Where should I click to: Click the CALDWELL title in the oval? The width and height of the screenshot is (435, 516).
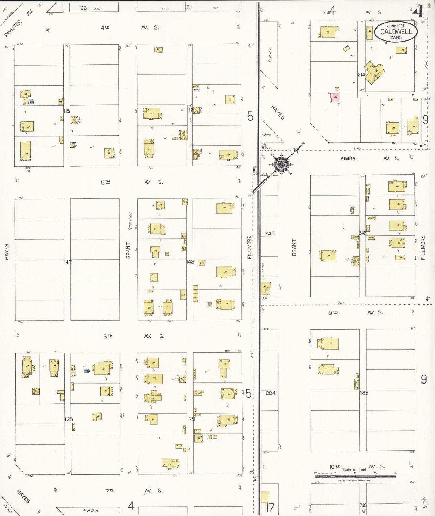(396, 32)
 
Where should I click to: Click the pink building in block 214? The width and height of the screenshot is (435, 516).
(335, 98)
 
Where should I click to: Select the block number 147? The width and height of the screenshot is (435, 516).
(68, 262)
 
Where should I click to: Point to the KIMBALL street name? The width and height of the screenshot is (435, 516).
(351, 158)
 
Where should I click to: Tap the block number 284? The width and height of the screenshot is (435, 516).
(270, 393)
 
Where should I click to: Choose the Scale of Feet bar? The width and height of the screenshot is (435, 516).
(355, 476)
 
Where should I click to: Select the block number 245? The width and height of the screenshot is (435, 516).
(270, 233)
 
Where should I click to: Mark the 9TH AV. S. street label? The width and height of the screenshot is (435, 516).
(355, 312)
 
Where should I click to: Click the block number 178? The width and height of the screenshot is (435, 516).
(69, 419)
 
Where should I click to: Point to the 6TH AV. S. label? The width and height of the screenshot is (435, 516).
(134, 336)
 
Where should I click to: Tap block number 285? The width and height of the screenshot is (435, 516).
(364, 393)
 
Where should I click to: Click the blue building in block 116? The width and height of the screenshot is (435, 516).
(31, 102)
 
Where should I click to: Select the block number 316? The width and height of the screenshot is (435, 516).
(363, 505)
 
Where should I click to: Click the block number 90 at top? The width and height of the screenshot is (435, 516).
(83, 8)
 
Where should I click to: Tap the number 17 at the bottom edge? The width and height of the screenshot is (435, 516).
(270, 508)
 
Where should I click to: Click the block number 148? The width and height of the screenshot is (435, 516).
(190, 262)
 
